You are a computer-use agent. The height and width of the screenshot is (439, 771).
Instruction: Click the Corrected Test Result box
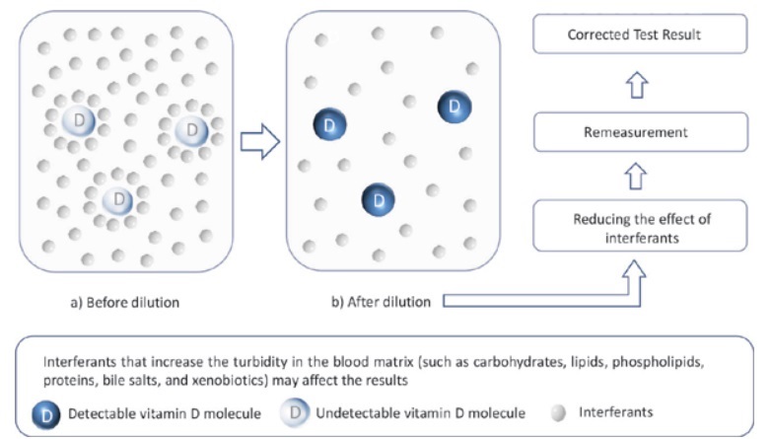click(634, 35)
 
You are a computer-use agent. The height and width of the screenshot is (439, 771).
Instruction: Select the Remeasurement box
click(634, 132)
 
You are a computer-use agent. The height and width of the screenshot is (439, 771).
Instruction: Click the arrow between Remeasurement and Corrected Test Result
click(635, 85)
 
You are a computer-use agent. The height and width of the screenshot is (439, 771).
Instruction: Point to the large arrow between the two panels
click(260, 141)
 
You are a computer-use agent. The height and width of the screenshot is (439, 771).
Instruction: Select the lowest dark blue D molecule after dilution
click(378, 200)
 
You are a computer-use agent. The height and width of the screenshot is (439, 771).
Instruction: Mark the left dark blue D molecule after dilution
click(328, 125)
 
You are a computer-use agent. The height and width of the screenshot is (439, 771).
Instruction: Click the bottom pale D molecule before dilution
click(119, 197)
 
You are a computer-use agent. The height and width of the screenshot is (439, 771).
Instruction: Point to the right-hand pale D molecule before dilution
click(192, 129)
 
